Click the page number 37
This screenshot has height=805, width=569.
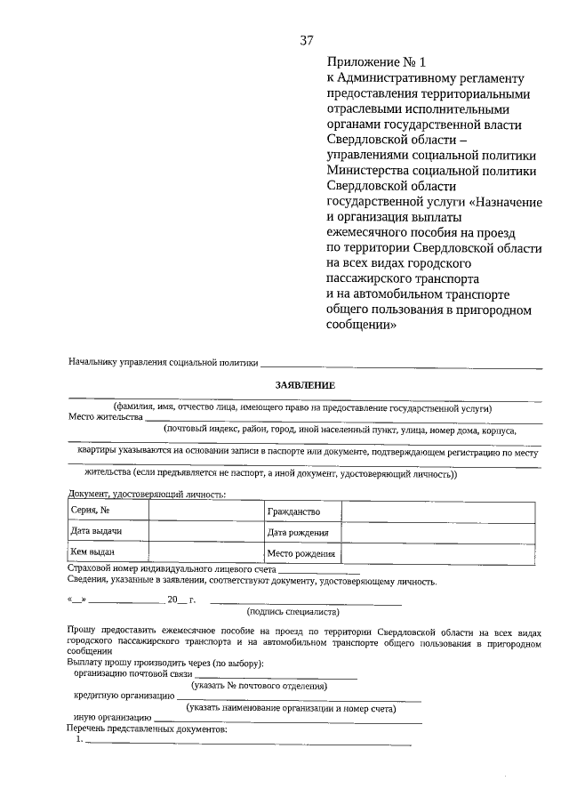[x=307, y=40]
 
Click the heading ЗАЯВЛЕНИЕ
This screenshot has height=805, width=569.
[x=304, y=385]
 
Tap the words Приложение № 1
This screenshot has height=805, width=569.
[x=378, y=62]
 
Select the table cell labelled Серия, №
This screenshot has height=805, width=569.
[x=108, y=511]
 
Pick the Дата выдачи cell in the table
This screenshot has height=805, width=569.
[x=108, y=532]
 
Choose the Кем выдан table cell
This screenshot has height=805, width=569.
[x=108, y=552]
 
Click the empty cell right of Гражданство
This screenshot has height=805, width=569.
[x=438, y=511]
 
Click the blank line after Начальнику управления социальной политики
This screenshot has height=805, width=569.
[x=400, y=363]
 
